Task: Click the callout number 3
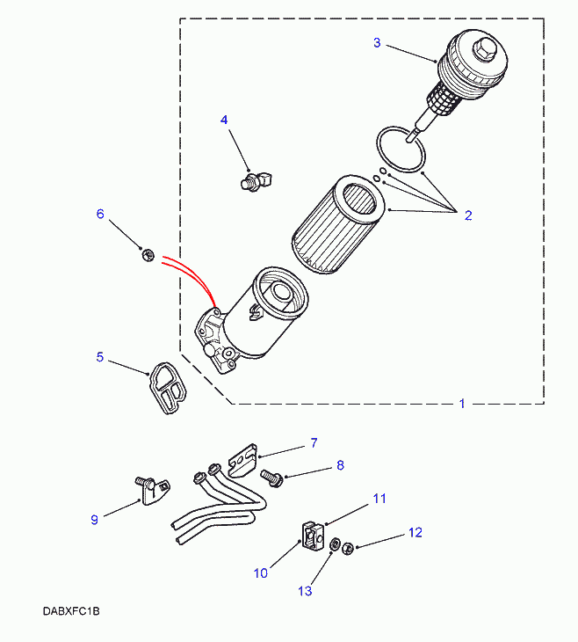click(x=377, y=42)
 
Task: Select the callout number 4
click(x=224, y=120)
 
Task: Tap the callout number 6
click(x=100, y=214)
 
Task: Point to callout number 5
click(x=100, y=357)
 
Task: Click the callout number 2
click(x=468, y=215)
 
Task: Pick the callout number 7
click(x=313, y=442)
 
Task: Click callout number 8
click(x=340, y=465)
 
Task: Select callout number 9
click(x=94, y=519)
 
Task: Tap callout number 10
click(x=260, y=573)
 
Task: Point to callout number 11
click(x=379, y=499)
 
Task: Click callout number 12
click(x=415, y=532)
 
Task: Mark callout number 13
click(x=305, y=591)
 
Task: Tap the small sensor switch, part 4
click(x=256, y=180)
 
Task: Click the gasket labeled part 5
click(x=168, y=388)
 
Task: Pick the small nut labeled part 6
click(x=148, y=255)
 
